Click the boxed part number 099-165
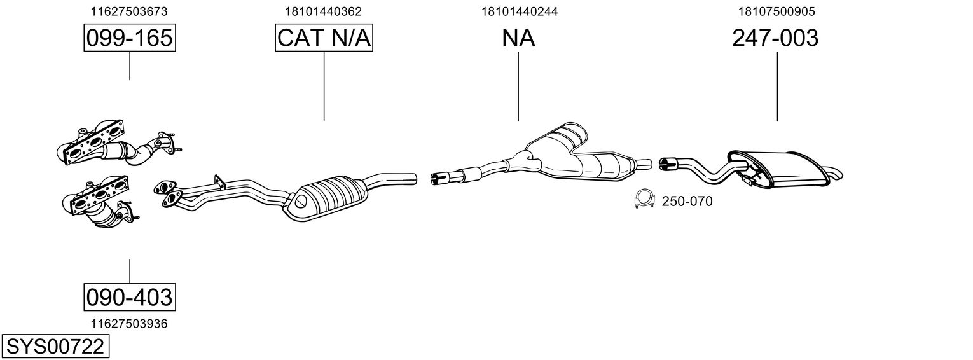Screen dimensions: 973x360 tap(129, 38)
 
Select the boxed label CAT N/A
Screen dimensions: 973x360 tap(324, 38)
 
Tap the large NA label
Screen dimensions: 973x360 tap(518, 38)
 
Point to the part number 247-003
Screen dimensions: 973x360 tap(775, 38)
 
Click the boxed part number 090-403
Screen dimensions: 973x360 tap(129, 297)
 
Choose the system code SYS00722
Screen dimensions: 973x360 tap(54, 347)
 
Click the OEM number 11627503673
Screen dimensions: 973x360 tap(129, 11)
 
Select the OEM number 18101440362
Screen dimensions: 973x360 tap(324, 11)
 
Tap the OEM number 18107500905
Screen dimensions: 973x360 tap(776, 11)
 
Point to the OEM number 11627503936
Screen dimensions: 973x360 tap(129, 324)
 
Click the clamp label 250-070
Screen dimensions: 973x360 tap(687, 202)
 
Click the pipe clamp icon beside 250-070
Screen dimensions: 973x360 tap(645, 201)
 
